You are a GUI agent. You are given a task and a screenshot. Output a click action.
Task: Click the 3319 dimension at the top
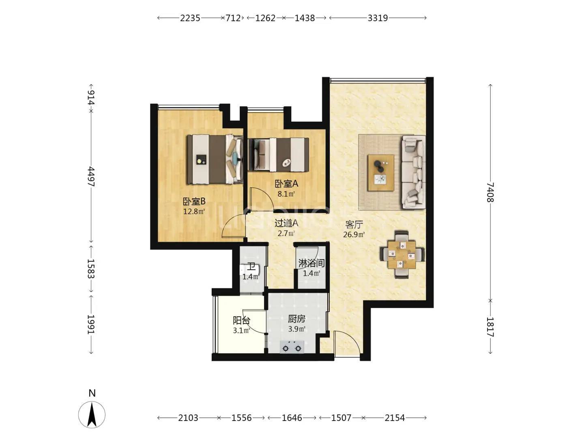pyautogui.click(x=378, y=18)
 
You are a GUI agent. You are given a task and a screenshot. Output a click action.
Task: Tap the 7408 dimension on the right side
pyautogui.click(x=490, y=192)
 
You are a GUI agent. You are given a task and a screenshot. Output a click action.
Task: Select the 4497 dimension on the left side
pyautogui.click(x=91, y=176)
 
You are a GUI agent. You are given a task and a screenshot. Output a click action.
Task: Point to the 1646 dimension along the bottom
pyautogui.click(x=292, y=418)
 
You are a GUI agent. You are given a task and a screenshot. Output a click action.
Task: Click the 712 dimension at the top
pyautogui.click(x=233, y=18)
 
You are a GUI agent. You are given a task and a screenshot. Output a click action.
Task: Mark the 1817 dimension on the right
pyautogui.click(x=490, y=327)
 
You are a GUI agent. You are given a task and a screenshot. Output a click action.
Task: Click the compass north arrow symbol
pyautogui.click(x=92, y=414)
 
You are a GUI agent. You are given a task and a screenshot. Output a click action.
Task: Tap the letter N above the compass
pyautogui.click(x=92, y=393)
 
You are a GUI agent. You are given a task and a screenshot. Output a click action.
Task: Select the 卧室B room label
pyautogui.click(x=194, y=201)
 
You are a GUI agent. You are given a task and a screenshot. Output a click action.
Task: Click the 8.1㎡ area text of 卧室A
pyautogui.click(x=286, y=194)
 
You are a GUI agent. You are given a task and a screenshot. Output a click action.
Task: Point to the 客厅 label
pyautogui.click(x=354, y=225)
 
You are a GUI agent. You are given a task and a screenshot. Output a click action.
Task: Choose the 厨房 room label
pyautogui.click(x=296, y=319)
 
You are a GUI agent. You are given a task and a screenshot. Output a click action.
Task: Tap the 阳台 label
pyautogui.click(x=241, y=320)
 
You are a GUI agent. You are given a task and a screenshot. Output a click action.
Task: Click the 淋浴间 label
pyautogui.click(x=311, y=263)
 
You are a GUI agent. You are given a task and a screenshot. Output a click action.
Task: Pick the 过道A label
pyautogui.click(x=286, y=223)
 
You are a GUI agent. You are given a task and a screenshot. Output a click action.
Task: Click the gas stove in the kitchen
pyautogui.click(x=292, y=347)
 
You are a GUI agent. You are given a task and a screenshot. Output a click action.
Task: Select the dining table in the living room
pyautogui.click(x=402, y=255)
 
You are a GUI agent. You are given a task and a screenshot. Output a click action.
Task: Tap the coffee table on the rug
pyautogui.click(x=381, y=173)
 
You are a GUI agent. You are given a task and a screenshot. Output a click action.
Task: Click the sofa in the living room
pyautogui.click(x=413, y=172)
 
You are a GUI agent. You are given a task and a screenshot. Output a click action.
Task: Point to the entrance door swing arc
pyautogui.click(x=351, y=338)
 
